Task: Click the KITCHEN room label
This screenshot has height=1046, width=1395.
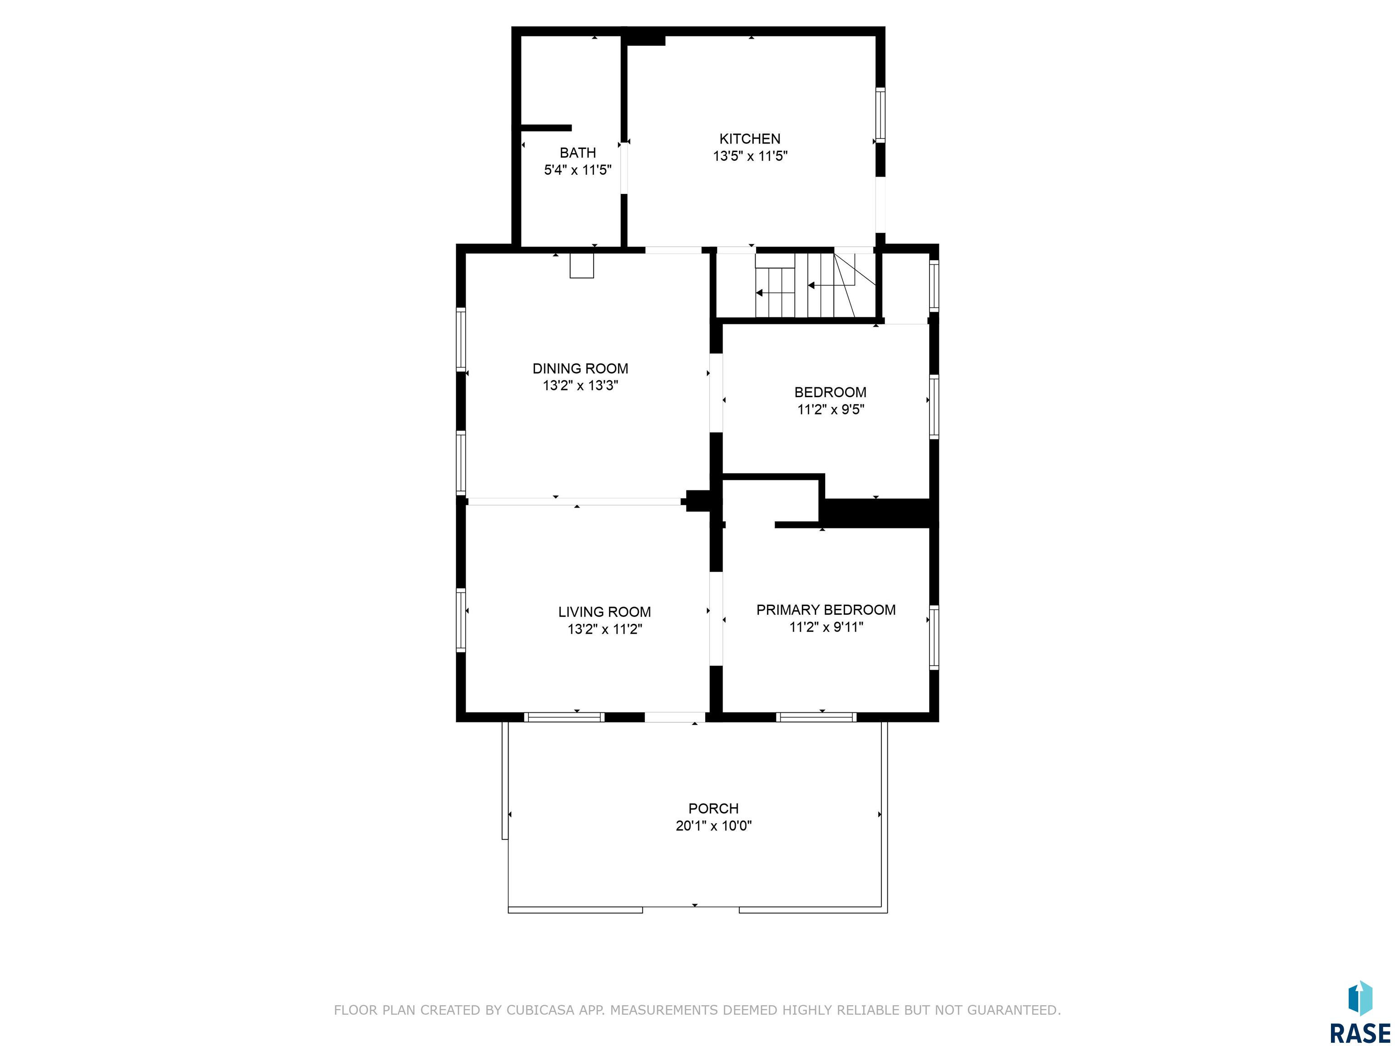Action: pos(750,139)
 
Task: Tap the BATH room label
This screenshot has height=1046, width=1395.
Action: pos(578,153)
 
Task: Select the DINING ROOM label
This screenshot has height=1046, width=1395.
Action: pos(580,369)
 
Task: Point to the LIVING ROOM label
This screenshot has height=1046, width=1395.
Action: pos(604,612)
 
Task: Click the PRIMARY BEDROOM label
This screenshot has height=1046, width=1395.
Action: pos(826,610)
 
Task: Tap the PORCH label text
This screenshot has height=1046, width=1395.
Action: pos(713,808)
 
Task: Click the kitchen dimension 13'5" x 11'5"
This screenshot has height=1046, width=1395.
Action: pos(751,156)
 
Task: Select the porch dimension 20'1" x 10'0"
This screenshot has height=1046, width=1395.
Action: pos(714,826)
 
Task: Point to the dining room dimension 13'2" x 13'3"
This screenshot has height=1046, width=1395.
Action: pos(580,386)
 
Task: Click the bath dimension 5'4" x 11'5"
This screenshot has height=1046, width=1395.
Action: pos(578,170)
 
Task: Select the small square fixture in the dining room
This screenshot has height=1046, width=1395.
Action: pos(581,266)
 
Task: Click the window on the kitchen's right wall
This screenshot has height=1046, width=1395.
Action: pos(881,115)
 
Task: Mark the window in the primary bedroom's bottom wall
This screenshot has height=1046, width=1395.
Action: pos(816,717)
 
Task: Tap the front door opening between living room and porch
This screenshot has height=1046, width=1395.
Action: pos(675,717)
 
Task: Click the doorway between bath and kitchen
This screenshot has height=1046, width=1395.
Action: pos(624,167)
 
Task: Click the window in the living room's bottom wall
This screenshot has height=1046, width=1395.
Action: pos(564,717)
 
